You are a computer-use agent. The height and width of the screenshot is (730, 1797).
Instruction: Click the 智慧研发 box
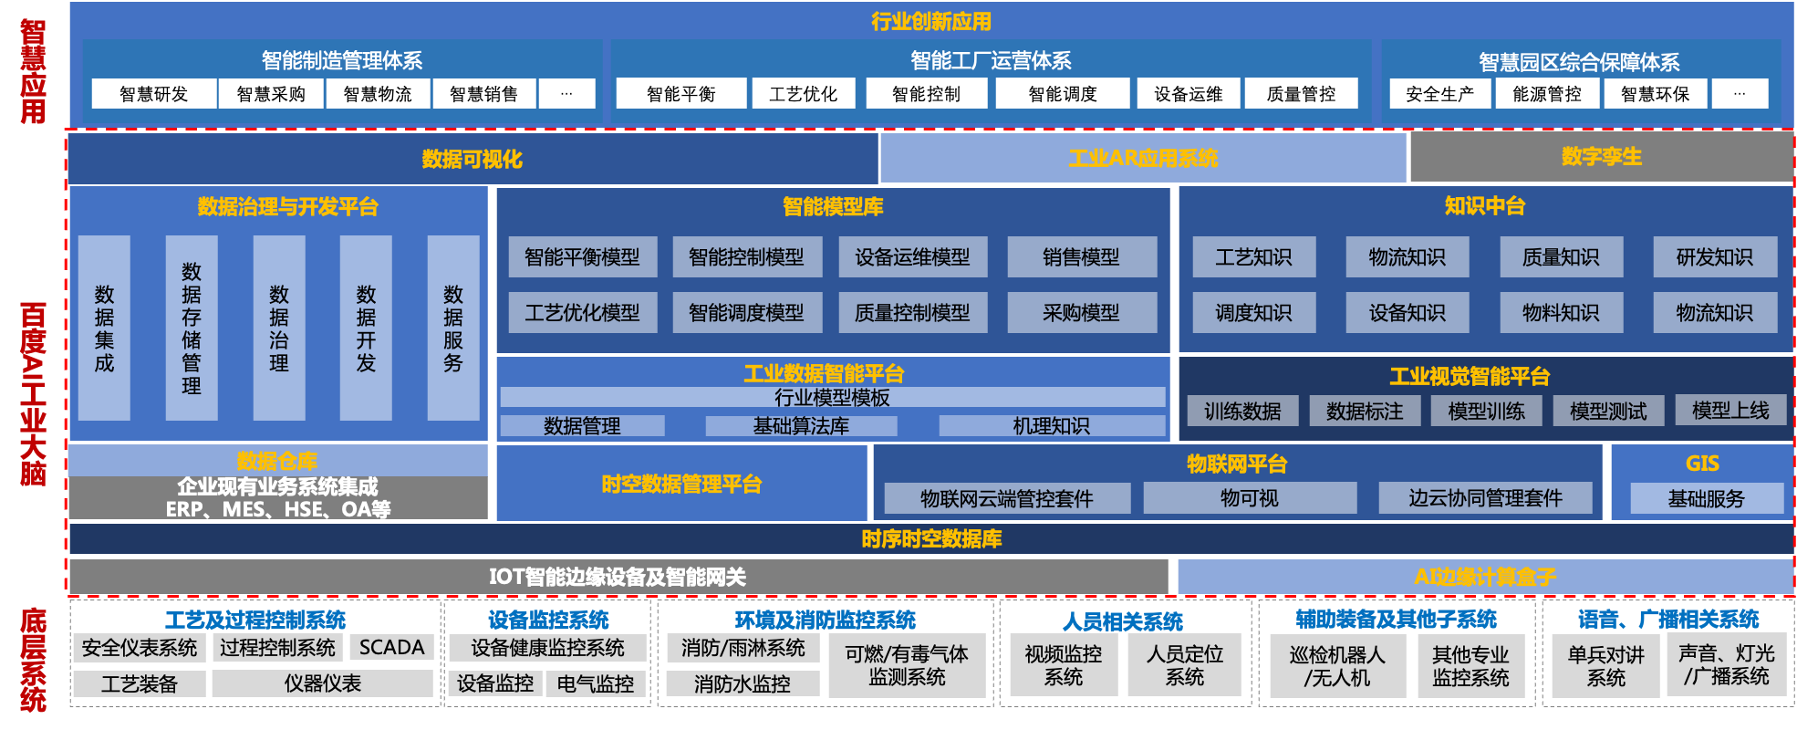point(153,94)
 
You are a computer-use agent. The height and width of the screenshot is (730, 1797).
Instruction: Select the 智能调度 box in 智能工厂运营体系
point(1062,94)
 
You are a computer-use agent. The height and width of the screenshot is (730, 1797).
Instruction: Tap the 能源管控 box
point(1546,94)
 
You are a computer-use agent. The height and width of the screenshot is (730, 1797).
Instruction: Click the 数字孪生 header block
point(1601,157)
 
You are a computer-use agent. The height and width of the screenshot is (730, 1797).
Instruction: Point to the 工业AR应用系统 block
point(1142,158)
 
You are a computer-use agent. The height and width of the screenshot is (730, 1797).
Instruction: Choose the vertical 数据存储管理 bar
point(192,328)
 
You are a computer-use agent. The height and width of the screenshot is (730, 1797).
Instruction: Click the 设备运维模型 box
point(912,257)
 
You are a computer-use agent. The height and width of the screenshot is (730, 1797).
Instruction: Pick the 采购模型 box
point(1081,313)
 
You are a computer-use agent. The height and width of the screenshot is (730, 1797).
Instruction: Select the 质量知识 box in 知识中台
point(1561,257)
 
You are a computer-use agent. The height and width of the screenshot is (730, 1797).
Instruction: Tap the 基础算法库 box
point(801,426)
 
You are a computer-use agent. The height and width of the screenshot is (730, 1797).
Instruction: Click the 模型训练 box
point(1486,412)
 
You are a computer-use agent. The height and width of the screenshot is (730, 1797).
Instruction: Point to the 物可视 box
point(1250,498)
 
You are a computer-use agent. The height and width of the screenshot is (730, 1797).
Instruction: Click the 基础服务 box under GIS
point(1706,499)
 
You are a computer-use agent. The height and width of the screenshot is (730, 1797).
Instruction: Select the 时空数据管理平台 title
point(681,484)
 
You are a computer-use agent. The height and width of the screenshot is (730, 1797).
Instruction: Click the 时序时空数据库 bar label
point(931,539)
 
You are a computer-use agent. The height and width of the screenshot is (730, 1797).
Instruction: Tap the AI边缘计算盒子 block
point(1484,577)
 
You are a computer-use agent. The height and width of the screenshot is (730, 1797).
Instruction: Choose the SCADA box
point(391,648)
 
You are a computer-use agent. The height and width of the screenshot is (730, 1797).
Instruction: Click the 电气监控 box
point(595,683)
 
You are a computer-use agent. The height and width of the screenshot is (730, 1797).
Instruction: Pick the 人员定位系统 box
point(1185,665)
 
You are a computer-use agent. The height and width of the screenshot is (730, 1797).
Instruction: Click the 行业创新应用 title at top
point(930,21)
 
